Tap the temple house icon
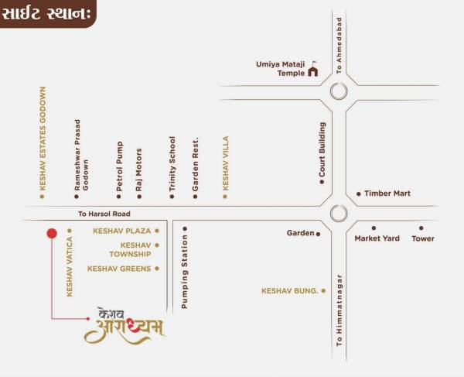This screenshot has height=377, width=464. (x=313, y=72)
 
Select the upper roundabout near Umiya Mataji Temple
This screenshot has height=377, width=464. (x=338, y=93)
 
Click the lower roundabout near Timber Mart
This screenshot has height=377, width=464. (x=338, y=213)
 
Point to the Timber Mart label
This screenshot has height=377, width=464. (x=387, y=194)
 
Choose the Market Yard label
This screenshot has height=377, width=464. (x=377, y=238)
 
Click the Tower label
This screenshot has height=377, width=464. (x=423, y=238)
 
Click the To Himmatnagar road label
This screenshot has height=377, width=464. (x=339, y=308)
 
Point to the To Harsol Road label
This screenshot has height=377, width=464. (x=104, y=214)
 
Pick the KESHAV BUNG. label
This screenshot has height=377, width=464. (x=290, y=291)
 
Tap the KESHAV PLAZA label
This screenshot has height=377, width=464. (x=121, y=231)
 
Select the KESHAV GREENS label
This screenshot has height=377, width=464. (x=119, y=269)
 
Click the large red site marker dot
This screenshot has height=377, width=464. (x=52, y=232)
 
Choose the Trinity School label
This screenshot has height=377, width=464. (x=172, y=164)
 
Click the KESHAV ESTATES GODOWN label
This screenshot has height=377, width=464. (x=43, y=139)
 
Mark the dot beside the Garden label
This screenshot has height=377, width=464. (x=318, y=233)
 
